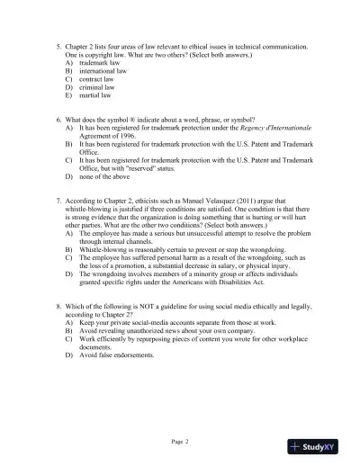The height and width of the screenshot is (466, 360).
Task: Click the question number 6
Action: point(58,120)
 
